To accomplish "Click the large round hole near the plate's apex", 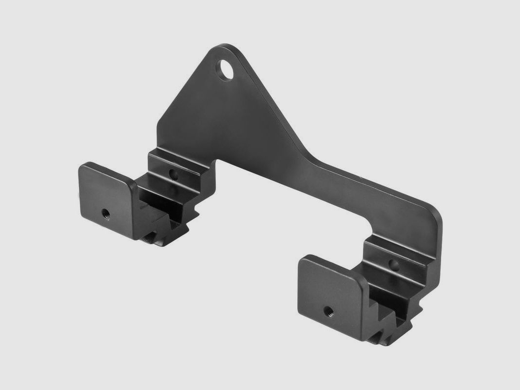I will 226,69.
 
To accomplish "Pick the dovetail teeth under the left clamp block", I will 161,229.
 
